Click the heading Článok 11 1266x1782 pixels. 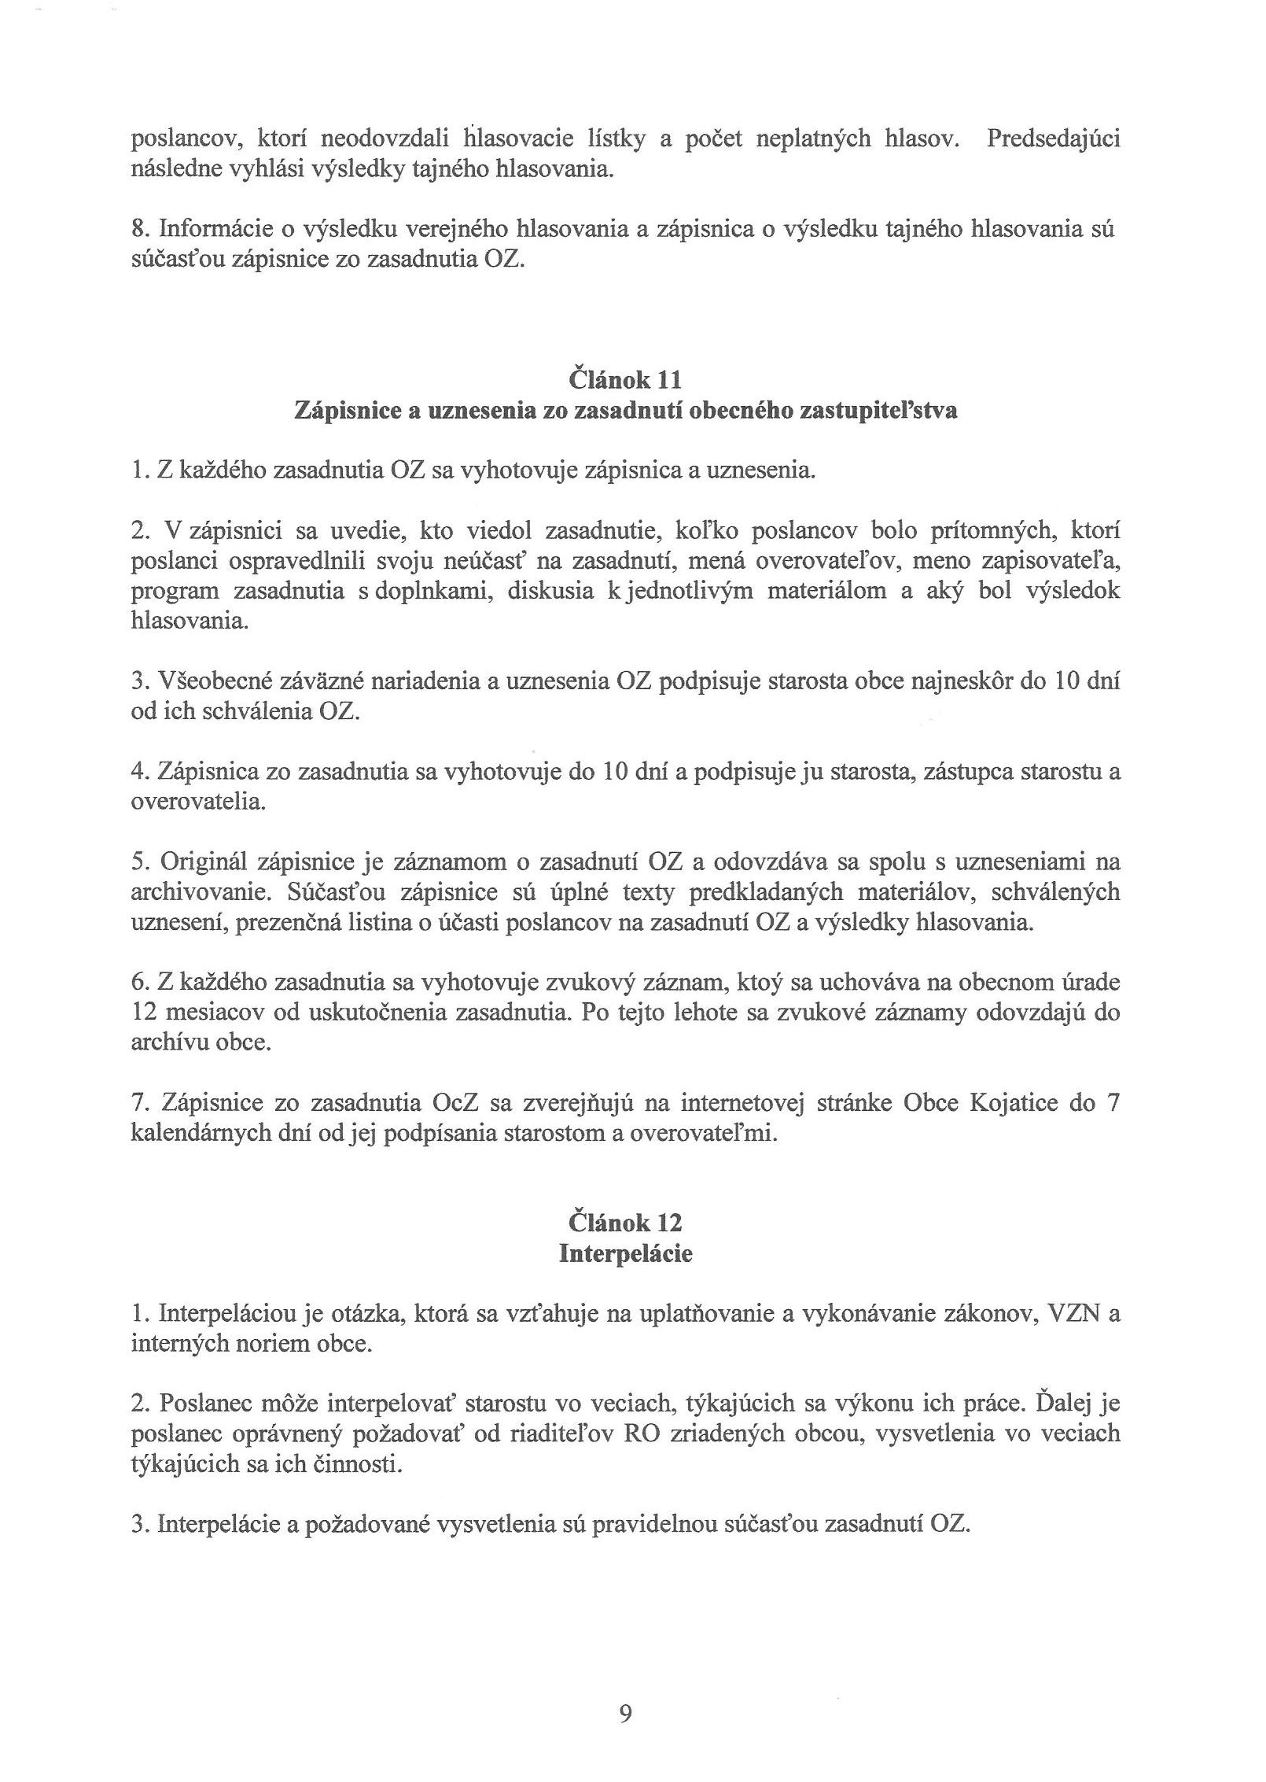coord(624,380)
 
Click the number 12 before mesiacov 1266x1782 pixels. coord(144,1013)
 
